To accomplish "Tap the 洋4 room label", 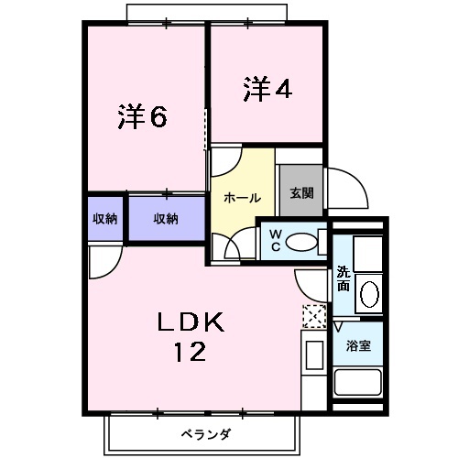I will [267, 89].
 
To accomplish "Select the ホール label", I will [242, 197].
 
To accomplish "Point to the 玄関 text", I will [301, 193].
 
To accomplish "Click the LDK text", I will [191, 322].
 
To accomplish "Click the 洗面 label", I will [343, 278].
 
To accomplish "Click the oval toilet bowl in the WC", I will [300, 242].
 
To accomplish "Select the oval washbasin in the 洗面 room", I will [369, 294].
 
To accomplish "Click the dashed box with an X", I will [313, 317].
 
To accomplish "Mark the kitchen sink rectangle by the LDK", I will [313, 355].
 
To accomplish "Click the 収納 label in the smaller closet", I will [104, 218].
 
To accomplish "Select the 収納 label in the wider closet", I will [165, 218].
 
